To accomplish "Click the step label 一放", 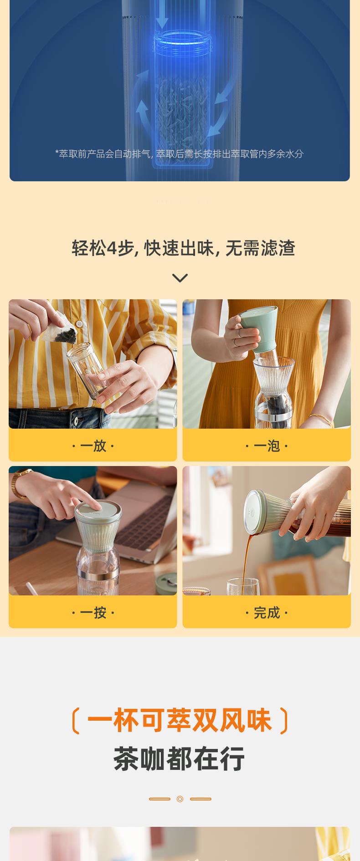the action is (93, 446).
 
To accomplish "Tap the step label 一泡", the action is (267, 446).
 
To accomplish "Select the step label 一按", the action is (93, 613).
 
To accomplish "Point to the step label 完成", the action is (267, 613).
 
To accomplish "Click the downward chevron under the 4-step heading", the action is (180, 278).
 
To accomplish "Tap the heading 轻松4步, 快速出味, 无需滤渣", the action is (184, 248).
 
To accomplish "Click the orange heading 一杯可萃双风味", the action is (180, 720).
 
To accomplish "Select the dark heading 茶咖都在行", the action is (179, 759).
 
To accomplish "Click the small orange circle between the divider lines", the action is (180, 799).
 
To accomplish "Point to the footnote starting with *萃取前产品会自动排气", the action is (179, 154).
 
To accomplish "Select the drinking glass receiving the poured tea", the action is (243, 586).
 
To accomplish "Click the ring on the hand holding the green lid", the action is (235, 342).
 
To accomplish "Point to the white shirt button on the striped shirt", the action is (79, 324).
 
